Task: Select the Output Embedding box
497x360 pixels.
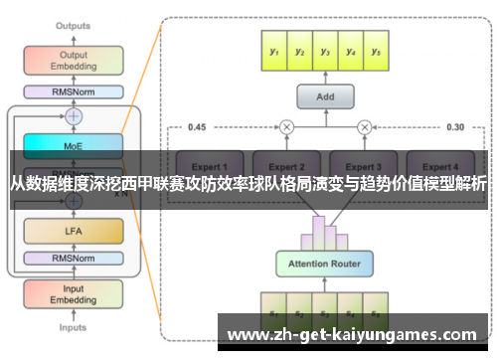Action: pyautogui.click(x=72, y=60)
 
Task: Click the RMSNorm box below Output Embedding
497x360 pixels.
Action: pyautogui.click(x=72, y=92)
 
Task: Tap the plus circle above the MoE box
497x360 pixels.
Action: pyautogui.click(x=73, y=116)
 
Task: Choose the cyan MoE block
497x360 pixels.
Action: pyautogui.click(x=73, y=145)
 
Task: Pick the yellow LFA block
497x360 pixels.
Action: pyautogui.click(x=73, y=231)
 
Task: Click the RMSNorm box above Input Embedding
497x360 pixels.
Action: pyautogui.click(x=73, y=261)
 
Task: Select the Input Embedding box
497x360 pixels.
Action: pyautogui.click(x=73, y=293)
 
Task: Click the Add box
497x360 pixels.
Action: pyautogui.click(x=323, y=97)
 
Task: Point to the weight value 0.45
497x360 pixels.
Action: pyautogui.click(x=197, y=126)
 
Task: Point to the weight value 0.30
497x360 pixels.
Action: pyautogui.click(x=455, y=126)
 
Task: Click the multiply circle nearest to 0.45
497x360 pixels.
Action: pyautogui.click(x=286, y=126)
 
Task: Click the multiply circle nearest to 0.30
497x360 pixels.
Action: pyautogui.click(x=364, y=126)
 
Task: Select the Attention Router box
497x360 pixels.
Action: pyautogui.click(x=324, y=265)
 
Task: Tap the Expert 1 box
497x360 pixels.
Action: pyautogui.click(x=210, y=166)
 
